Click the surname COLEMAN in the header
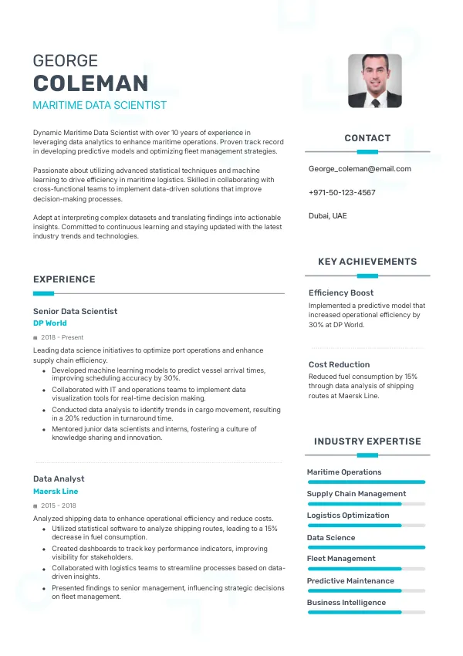pyautogui.click(x=90, y=83)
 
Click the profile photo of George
pyautogui.click(x=375, y=80)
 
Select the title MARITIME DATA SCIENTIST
pyautogui.click(x=100, y=105)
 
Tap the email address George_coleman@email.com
pyautogui.click(x=360, y=168)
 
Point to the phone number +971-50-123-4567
pyautogui.click(x=342, y=192)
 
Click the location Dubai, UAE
pyautogui.click(x=328, y=215)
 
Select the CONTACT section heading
pyautogui.click(x=367, y=138)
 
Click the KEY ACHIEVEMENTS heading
pyautogui.click(x=367, y=262)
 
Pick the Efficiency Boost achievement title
pyautogui.click(x=341, y=292)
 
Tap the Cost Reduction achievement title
pyautogui.click(x=339, y=364)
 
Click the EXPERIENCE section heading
pyautogui.click(x=64, y=279)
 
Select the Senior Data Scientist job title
pyautogui.click(x=76, y=311)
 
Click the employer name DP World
pyautogui.click(x=50, y=323)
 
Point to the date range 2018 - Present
pyautogui.click(x=63, y=337)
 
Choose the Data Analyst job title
pyautogui.click(x=59, y=478)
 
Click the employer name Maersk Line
pyautogui.click(x=56, y=491)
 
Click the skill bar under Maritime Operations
pyautogui.click(x=367, y=482)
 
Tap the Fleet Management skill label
pyautogui.click(x=341, y=558)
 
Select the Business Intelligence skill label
pyautogui.click(x=346, y=602)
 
